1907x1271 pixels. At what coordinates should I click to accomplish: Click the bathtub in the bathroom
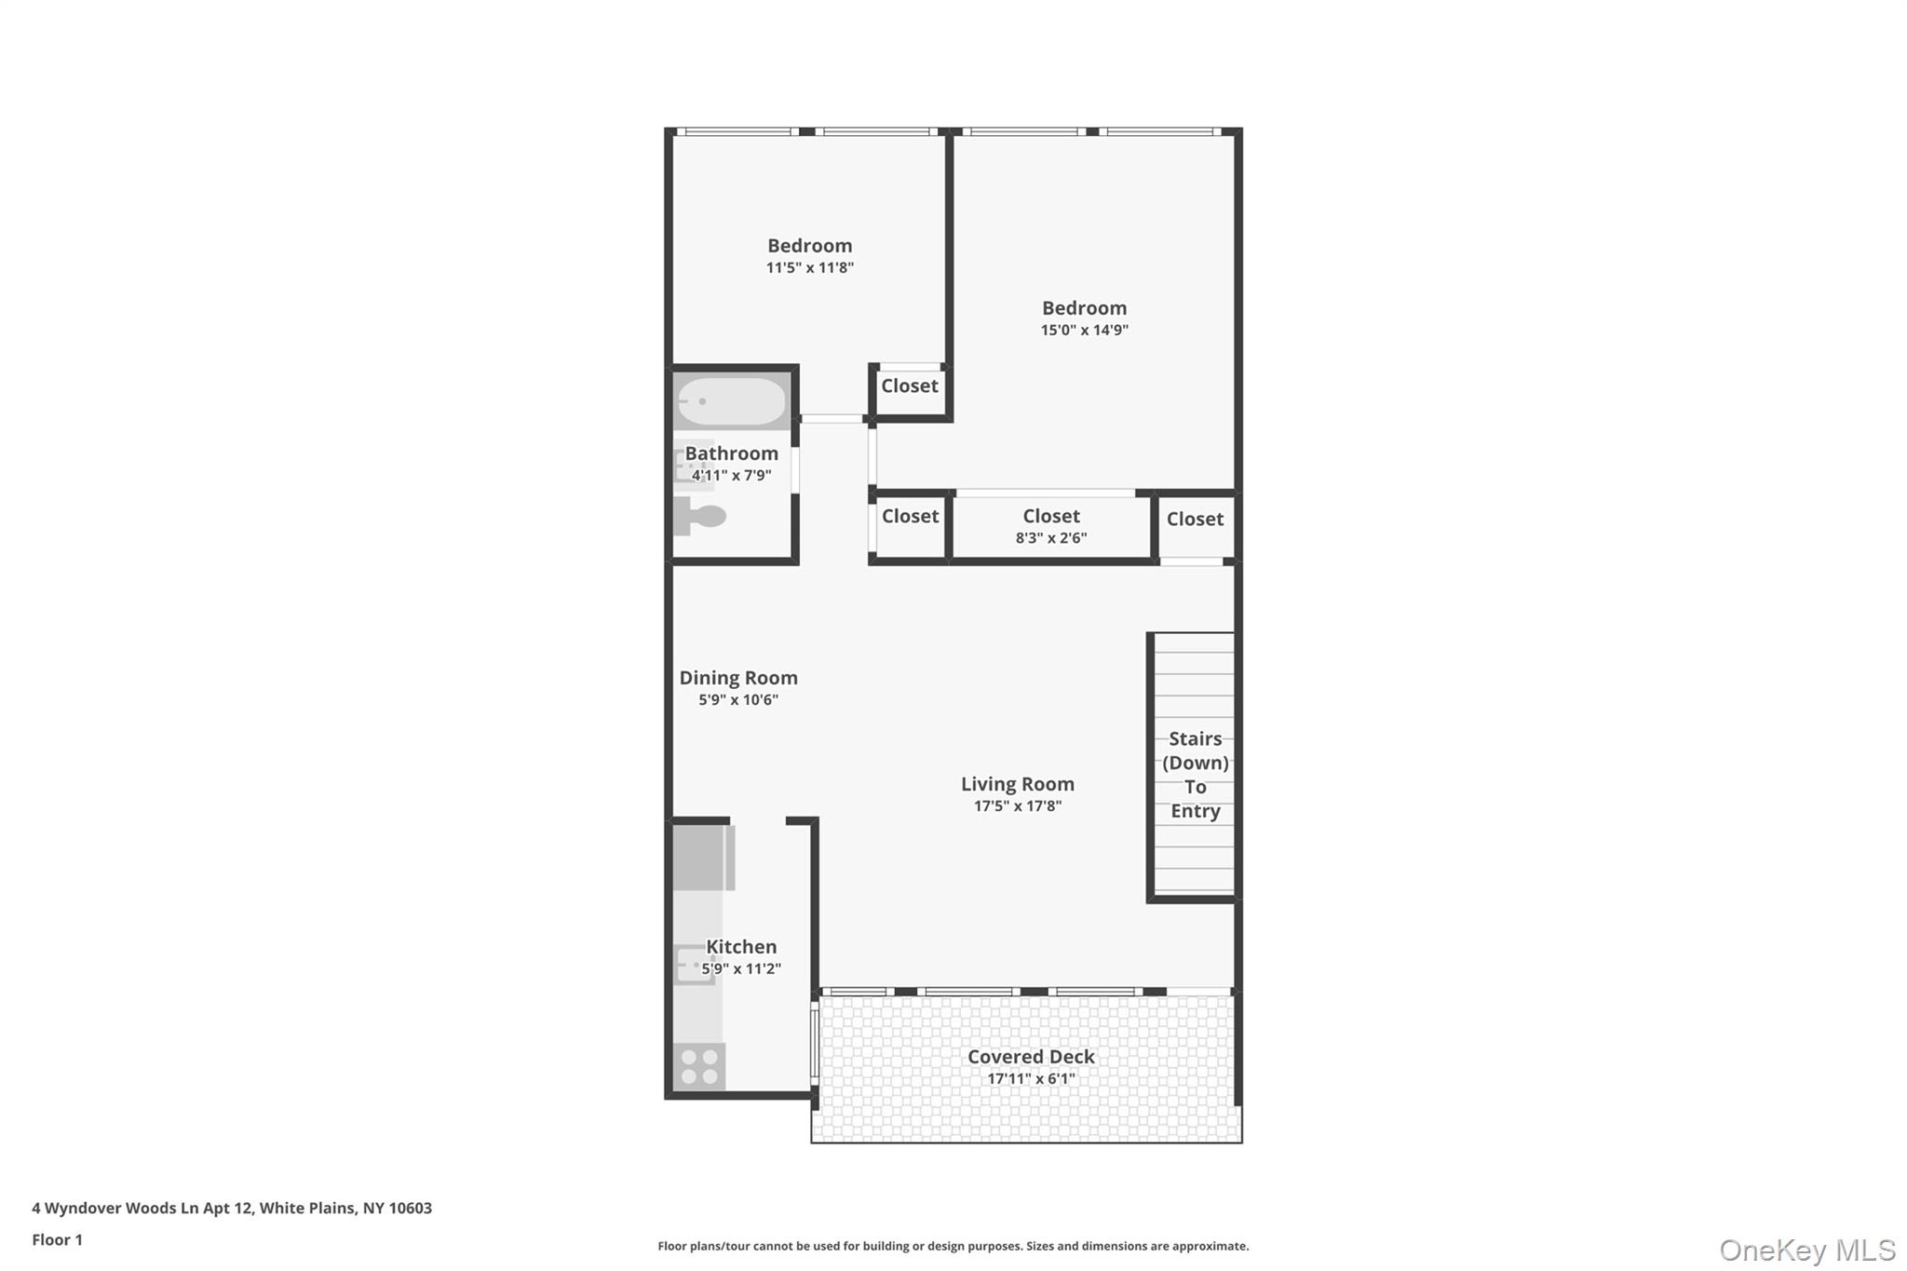[732, 402]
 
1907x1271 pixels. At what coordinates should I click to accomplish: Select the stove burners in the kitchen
[699, 1067]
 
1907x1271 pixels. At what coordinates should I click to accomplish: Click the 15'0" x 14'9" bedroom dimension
[1084, 330]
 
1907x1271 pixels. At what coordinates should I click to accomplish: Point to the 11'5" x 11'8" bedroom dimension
[809, 267]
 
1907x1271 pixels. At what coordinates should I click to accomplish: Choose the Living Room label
[1017, 784]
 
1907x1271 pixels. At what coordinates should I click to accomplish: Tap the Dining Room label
[737, 678]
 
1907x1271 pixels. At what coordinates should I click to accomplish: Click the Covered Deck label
[1031, 1057]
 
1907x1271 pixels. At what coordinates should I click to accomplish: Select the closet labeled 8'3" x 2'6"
[1051, 525]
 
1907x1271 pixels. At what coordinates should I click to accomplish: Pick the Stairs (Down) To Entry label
[1195, 775]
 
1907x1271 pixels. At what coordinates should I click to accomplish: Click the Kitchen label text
[741, 947]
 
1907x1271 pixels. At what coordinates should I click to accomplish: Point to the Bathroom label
[732, 453]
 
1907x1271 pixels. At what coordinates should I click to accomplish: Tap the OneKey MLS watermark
[1806, 1250]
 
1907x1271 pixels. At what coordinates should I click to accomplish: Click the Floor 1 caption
[57, 1239]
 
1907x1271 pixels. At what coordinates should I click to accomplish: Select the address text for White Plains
[232, 1208]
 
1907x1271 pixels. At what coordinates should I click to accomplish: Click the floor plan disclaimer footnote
[953, 1246]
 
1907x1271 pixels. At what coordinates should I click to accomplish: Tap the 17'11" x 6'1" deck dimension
[1031, 1079]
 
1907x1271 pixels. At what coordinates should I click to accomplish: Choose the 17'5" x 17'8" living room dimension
[1017, 806]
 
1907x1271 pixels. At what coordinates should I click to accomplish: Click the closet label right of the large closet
[1195, 519]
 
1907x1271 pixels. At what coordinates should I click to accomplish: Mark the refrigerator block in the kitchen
[703, 858]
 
